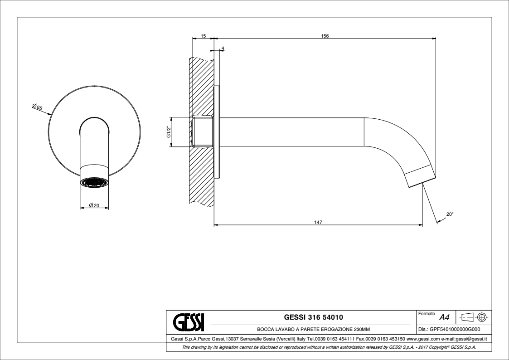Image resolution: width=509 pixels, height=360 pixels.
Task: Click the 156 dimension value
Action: coord(325,36)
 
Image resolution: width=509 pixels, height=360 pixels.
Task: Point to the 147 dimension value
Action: coord(318,222)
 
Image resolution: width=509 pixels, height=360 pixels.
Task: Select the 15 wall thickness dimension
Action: coord(203,36)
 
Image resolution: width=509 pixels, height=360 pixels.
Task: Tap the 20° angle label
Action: coord(450,214)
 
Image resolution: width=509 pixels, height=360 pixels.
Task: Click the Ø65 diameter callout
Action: coord(37,107)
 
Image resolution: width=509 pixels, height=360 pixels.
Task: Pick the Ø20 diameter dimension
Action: coord(94,205)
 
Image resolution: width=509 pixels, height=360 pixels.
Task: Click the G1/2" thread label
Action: coord(169,132)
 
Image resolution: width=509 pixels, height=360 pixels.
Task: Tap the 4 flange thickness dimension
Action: coord(223,49)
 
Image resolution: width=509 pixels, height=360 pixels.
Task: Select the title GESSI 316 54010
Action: coord(313,317)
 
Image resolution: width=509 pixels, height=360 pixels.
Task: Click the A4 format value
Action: coord(444,317)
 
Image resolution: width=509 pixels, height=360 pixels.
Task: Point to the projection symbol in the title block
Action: coord(475,316)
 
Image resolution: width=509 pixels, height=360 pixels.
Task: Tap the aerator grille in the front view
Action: coord(94,183)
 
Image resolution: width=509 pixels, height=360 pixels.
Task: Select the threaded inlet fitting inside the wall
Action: coord(202,132)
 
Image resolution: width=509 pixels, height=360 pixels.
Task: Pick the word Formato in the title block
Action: coord(427,314)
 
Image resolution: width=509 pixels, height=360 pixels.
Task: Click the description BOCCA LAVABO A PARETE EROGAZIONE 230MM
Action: coord(313,329)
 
